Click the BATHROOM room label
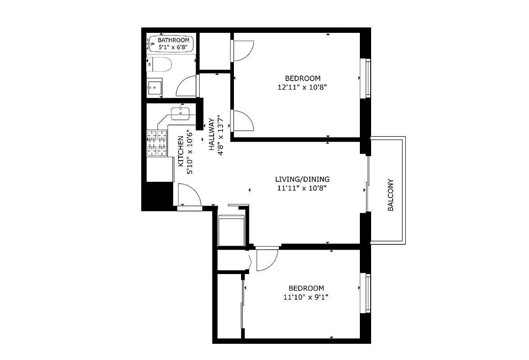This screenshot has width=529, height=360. point(173,40)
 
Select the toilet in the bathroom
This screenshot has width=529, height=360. point(159,64)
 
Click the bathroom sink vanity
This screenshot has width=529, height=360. point(155,87)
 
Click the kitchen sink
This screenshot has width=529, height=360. point(181,112)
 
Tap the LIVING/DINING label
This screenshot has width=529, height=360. point(302,179)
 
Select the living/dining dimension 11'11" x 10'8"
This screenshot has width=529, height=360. point(302,188)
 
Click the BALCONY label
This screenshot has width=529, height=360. point(391,195)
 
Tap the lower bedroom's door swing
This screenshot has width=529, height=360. point(266,260)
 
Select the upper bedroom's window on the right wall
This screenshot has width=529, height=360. point(368,78)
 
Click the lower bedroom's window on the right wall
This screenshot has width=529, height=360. point(368,293)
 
